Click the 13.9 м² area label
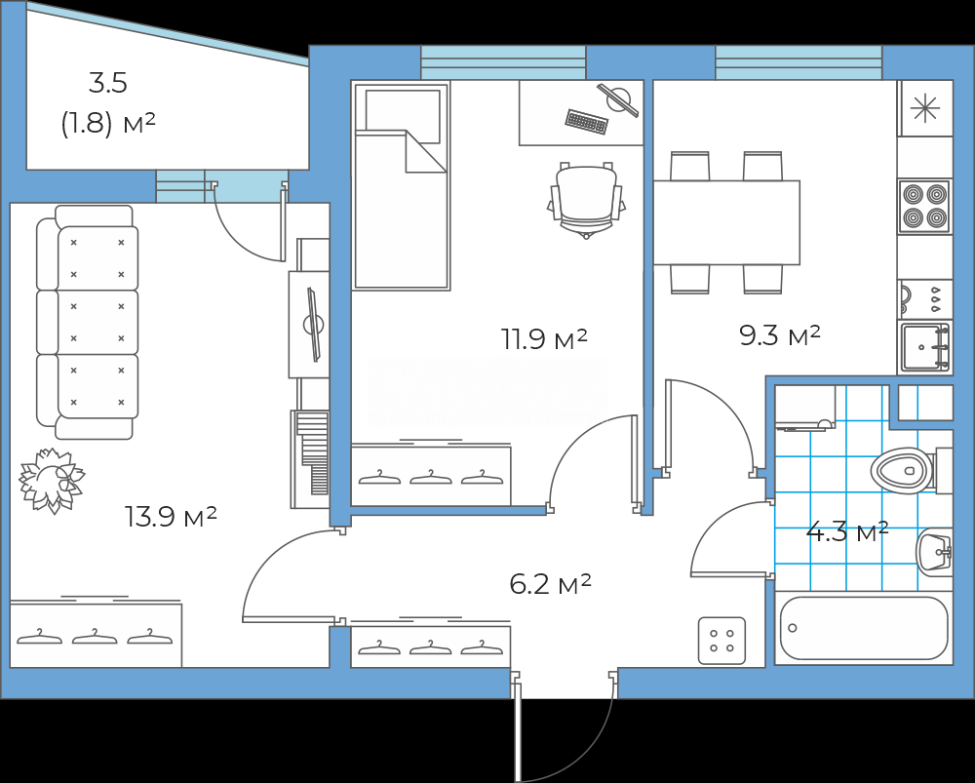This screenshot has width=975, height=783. (171, 516)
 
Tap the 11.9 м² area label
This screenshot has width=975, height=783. (544, 339)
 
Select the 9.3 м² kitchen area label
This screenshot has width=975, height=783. (780, 335)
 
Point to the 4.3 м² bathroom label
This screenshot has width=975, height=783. (847, 532)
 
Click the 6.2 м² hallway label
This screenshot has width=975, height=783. (550, 585)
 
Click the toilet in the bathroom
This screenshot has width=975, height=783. (911, 470)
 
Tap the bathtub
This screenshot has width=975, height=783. (864, 628)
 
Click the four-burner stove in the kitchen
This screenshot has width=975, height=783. (924, 207)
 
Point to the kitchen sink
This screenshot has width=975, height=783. (924, 348)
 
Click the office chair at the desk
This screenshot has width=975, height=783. (586, 199)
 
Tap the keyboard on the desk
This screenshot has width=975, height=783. (586, 122)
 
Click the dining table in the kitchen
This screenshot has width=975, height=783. (726, 222)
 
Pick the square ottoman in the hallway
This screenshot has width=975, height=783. (721, 641)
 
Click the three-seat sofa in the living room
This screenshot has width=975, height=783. (87, 322)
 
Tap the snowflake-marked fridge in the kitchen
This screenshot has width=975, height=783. (925, 108)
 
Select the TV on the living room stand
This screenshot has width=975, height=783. (313, 324)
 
